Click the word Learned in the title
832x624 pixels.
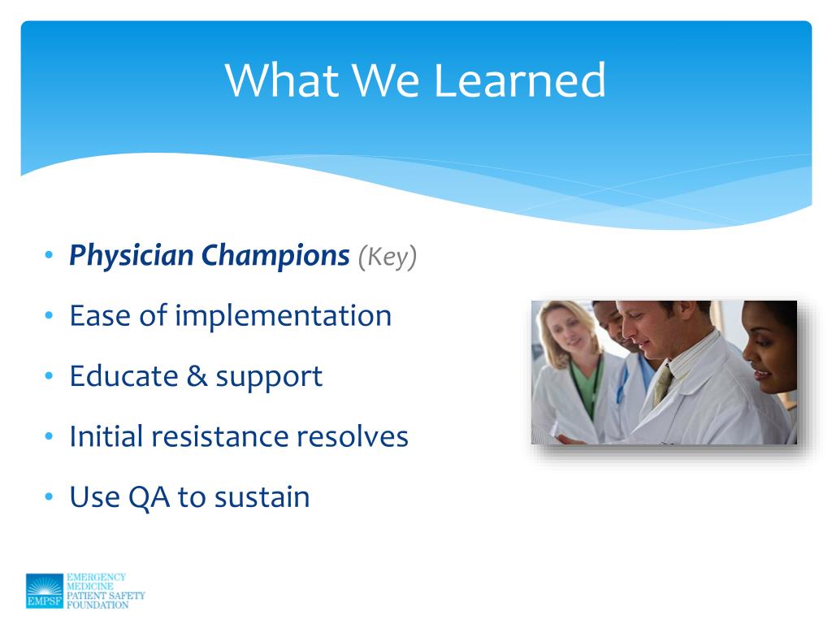(x=519, y=80)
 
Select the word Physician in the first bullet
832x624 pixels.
(x=132, y=257)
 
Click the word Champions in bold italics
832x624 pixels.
(x=275, y=257)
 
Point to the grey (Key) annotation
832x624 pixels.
(x=388, y=258)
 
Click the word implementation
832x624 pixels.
(x=284, y=317)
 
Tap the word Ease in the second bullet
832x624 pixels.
(x=100, y=316)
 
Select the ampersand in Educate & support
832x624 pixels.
(x=197, y=376)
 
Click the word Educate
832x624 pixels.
(x=124, y=376)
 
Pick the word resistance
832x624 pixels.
(x=219, y=436)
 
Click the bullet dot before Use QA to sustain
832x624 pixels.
(x=50, y=496)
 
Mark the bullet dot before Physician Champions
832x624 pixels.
(x=50, y=255)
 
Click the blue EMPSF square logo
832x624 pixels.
(x=45, y=591)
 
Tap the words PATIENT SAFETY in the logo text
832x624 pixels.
(x=106, y=596)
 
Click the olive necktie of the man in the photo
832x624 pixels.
(x=663, y=383)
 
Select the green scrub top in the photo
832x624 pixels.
(x=587, y=384)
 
